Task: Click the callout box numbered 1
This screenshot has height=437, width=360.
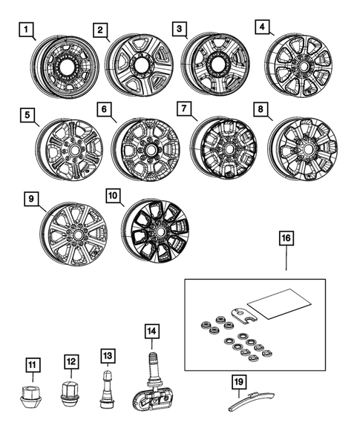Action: pos(27,30)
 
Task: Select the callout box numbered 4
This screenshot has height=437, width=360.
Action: pos(261,27)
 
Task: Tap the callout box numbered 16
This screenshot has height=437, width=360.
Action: pos(287,239)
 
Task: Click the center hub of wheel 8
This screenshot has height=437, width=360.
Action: pos(304,149)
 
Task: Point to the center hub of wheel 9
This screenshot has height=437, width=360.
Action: pos(76,236)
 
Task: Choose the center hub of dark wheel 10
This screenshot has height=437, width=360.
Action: pos(154,235)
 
